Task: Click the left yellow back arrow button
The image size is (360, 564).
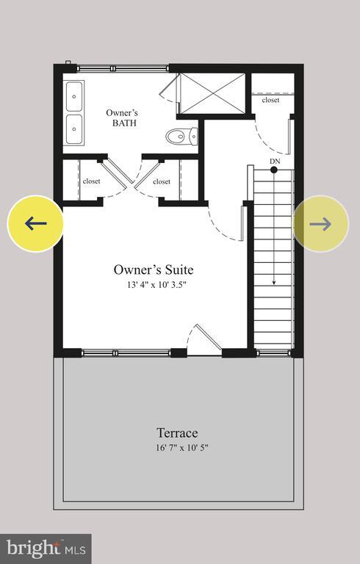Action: click(x=35, y=223)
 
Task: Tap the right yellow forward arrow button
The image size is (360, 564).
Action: click(x=320, y=223)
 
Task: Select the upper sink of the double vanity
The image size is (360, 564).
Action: click(x=75, y=95)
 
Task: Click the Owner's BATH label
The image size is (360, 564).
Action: click(x=122, y=118)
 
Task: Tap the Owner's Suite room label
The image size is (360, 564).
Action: click(x=154, y=270)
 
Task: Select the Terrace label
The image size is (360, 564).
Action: click(x=176, y=433)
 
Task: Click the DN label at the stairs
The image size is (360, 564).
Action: click(x=275, y=161)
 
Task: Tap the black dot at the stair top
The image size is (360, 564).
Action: click(x=274, y=170)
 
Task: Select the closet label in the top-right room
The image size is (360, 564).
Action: click(x=270, y=100)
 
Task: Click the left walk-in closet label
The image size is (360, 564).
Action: click(x=92, y=181)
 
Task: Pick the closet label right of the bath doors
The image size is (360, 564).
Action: click(x=162, y=181)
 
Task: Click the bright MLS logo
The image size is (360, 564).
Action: click(x=46, y=548)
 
